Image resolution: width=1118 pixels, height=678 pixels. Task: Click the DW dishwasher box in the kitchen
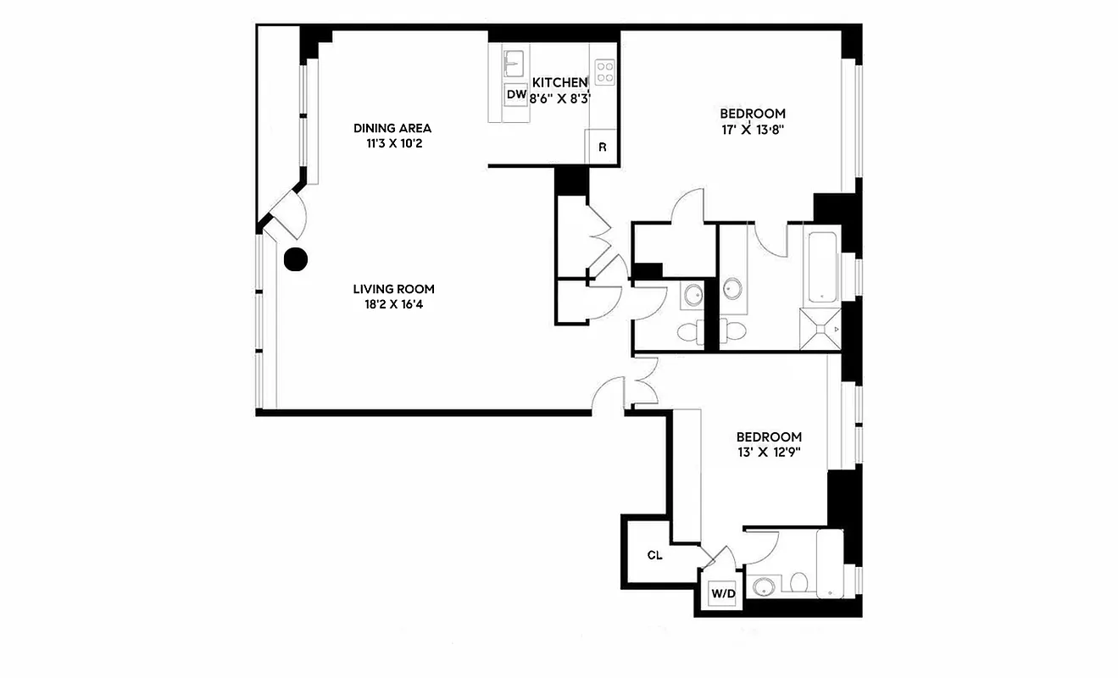(516, 95)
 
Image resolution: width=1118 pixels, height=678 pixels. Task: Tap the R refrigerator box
(602, 146)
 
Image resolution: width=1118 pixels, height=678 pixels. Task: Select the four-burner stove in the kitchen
(604, 70)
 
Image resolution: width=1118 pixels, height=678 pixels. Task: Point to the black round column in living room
(295, 259)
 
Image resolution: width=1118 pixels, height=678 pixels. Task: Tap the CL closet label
(654, 556)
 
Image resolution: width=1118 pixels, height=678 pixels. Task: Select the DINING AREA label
(392, 128)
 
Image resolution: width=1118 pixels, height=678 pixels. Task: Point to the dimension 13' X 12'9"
(769, 452)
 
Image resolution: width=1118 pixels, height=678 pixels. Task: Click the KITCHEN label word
(559, 82)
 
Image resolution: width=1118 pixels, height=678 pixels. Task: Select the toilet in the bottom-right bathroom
(798, 582)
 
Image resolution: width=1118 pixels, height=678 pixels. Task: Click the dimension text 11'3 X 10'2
(392, 143)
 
